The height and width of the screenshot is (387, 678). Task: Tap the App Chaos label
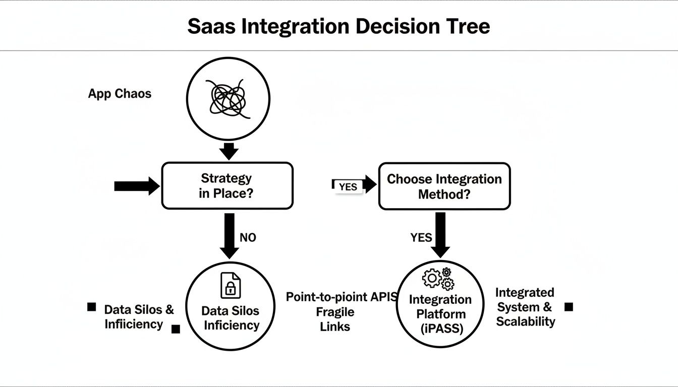pyautogui.click(x=120, y=94)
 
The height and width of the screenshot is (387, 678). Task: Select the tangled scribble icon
pyautogui.click(x=229, y=98)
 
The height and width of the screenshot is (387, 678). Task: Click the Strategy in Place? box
pyautogui.click(x=227, y=185)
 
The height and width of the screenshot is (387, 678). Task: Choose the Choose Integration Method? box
pyautogui.click(x=444, y=186)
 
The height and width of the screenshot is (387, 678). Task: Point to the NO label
pyautogui.click(x=248, y=237)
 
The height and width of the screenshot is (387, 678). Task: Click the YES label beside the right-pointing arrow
pyautogui.click(x=348, y=186)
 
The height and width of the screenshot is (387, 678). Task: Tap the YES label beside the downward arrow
pyautogui.click(x=421, y=237)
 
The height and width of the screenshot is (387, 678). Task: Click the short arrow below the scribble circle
pyautogui.click(x=229, y=151)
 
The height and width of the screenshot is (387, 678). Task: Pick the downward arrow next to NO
pyautogui.click(x=229, y=235)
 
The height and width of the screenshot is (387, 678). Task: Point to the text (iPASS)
pyautogui.click(x=440, y=328)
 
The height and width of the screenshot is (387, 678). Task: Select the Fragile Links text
pyautogui.click(x=335, y=319)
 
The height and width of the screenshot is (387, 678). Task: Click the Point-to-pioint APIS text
pyautogui.click(x=342, y=297)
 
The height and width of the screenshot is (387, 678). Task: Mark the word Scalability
pyautogui.click(x=525, y=321)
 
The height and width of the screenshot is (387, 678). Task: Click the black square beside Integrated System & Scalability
pyautogui.click(x=569, y=307)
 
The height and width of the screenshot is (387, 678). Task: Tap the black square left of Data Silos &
pyautogui.click(x=92, y=307)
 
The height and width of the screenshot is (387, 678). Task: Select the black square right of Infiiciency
pyautogui.click(x=176, y=329)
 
